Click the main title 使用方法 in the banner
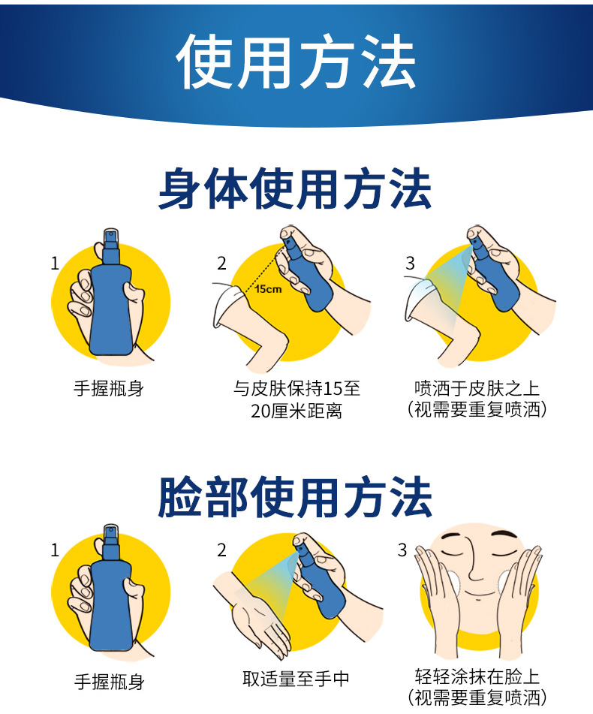[296, 61]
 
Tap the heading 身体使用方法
[295, 188]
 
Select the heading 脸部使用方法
[295, 497]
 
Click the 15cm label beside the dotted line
[268, 289]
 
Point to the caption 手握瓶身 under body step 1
[109, 388]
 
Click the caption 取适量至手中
[296, 679]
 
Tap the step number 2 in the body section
[221, 264]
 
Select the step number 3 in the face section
[402, 550]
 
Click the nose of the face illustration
[474, 562]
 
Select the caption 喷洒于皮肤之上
[477, 388]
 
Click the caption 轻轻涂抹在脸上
[477, 676]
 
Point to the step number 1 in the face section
[55, 550]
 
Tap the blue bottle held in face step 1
[111, 591]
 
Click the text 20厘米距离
[296, 411]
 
